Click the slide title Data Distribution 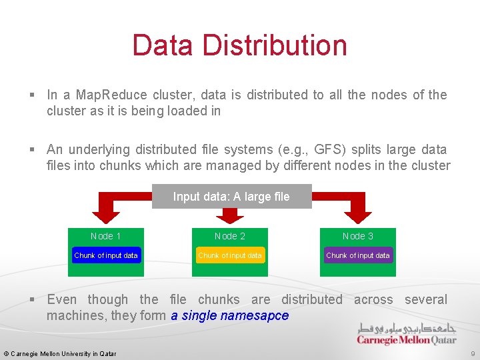239,45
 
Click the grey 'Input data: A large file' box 231,197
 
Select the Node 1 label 105,236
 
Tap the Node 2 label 230,236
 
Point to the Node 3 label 358,236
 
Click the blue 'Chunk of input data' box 106,255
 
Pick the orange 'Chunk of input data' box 230,255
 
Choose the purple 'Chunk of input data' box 358,255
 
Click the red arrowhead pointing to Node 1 105,215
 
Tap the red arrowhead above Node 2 230,215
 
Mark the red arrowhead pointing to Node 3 358,215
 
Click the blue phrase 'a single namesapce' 230,315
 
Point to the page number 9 473,353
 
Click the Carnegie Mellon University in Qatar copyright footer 60,353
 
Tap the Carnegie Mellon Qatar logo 407,333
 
